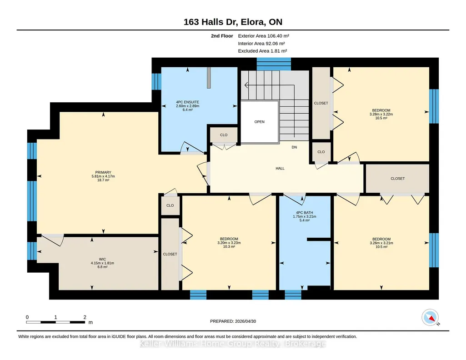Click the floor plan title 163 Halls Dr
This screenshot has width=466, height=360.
pyautogui.click(x=209, y=22)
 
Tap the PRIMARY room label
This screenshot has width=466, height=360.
pyautogui.click(x=103, y=172)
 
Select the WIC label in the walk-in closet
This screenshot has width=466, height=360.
pyautogui.click(x=102, y=259)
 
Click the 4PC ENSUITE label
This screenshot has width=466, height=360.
pyautogui.click(x=187, y=102)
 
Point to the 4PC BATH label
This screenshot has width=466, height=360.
pyautogui.click(x=304, y=213)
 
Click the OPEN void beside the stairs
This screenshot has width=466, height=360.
pyautogui.click(x=260, y=122)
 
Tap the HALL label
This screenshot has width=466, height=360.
pyautogui.click(x=280, y=169)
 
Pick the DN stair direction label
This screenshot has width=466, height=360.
pyautogui.click(x=294, y=147)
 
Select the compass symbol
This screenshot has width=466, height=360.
pyautogui.click(x=430, y=317)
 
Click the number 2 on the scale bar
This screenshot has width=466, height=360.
pyautogui.click(x=85, y=317)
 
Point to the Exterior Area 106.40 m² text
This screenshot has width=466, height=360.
pyautogui.click(x=264, y=36)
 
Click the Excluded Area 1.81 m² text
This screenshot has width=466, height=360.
pyautogui.click(x=262, y=51)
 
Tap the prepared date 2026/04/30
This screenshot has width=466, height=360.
pyautogui.click(x=246, y=321)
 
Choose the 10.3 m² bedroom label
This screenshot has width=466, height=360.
pyautogui.click(x=229, y=246)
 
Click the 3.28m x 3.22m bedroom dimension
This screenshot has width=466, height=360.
pyautogui.click(x=381, y=114)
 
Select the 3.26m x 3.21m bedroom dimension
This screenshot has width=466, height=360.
pyautogui.click(x=381, y=243)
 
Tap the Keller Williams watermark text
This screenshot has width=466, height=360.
pyautogui.click(x=233, y=344)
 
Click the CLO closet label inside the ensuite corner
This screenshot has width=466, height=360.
pyautogui.click(x=224, y=135)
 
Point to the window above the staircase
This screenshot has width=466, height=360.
pyautogui.click(x=274, y=64)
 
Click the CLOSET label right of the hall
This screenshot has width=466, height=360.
pyautogui.click(x=398, y=179)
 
